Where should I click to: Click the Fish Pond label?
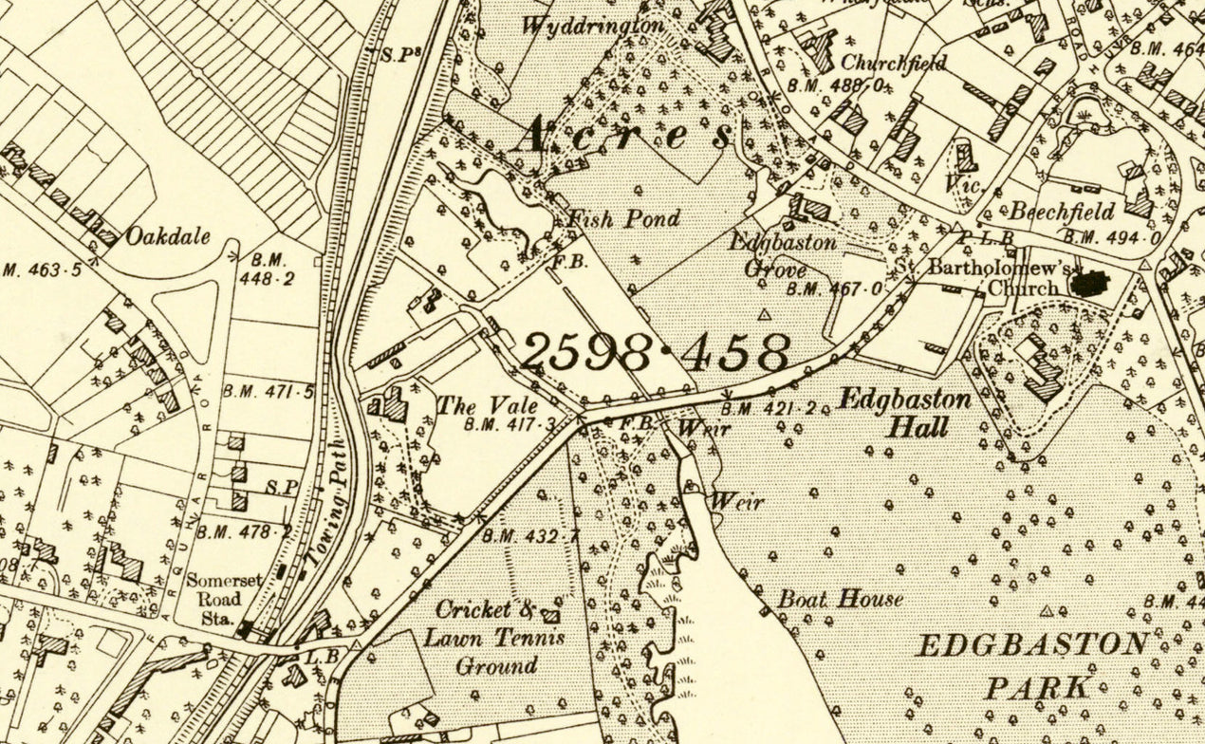(x=623, y=219)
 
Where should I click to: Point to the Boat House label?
(x=840, y=599)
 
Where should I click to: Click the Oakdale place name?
(x=168, y=236)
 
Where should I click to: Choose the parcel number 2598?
(x=586, y=353)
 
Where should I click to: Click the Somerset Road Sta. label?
(x=213, y=599)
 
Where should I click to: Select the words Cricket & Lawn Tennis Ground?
(x=494, y=638)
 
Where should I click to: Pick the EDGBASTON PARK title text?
(x=1032, y=665)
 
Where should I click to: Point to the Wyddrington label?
(x=592, y=26)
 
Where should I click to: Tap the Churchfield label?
(x=894, y=64)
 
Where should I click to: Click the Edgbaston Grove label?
(x=769, y=255)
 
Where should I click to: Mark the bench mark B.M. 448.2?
(x=271, y=269)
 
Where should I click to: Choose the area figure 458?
(x=733, y=353)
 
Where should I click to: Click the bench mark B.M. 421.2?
(x=768, y=409)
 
